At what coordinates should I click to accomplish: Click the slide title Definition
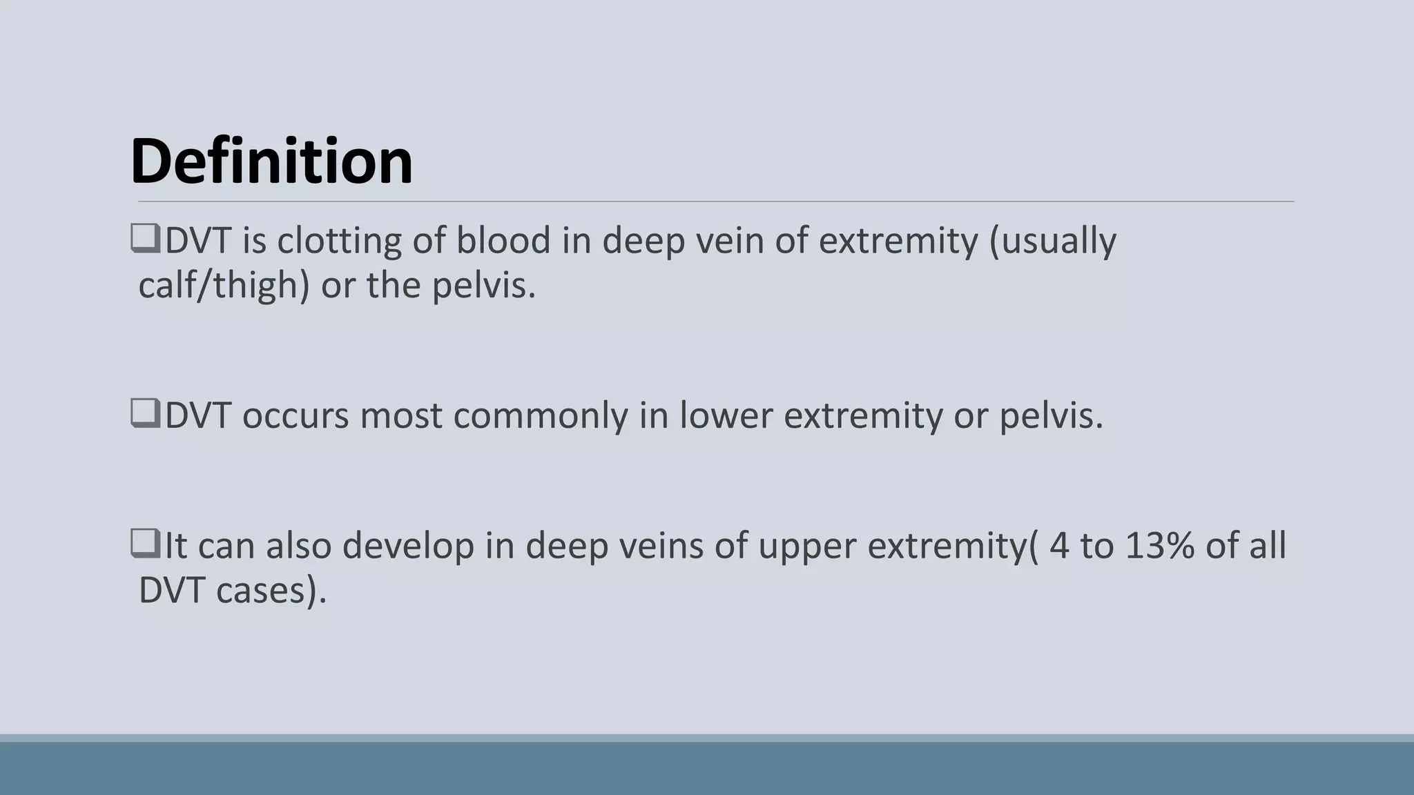point(271,161)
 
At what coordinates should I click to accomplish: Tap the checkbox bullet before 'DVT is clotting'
point(146,239)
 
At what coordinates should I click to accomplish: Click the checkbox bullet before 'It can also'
point(146,544)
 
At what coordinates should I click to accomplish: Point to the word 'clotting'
point(339,241)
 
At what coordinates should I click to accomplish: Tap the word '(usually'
point(1052,241)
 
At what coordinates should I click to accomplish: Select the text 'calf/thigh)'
point(224,285)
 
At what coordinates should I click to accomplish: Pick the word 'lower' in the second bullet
point(725,415)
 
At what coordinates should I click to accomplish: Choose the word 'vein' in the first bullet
point(729,241)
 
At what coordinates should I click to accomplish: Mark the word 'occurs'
point(295,416)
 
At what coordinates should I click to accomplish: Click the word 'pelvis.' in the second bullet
point(1052,416)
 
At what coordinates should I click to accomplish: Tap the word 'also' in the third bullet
point(299,546)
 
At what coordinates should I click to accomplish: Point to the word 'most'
point(400,416)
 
